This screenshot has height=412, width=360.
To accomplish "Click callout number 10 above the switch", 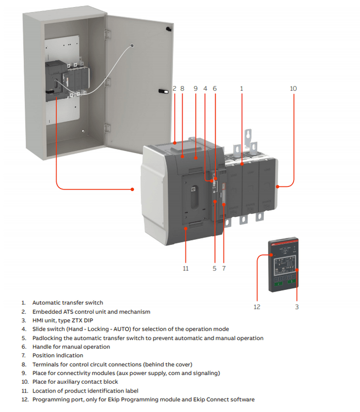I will [293, 89].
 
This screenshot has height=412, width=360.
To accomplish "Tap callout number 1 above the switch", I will [242, 89].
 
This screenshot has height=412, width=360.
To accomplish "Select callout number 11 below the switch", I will [185, 268].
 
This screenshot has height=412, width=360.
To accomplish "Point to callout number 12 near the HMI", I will [257, 307].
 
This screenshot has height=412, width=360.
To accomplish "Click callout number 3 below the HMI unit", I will [297, 307].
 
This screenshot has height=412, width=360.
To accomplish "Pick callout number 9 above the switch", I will [195, 89].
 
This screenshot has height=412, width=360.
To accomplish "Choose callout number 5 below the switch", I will [214, 268].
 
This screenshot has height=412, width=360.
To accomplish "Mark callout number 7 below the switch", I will [224, 268].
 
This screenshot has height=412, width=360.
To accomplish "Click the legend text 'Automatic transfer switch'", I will [67, 303].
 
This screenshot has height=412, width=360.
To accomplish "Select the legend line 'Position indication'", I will [58, 355].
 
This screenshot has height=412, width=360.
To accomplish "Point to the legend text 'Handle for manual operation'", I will [71, 347].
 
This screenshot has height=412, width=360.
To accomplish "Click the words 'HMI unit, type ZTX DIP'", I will [63, 320].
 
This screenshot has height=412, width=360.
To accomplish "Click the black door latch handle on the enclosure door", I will [163, 91].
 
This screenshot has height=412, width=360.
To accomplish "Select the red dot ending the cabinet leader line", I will [133, 190].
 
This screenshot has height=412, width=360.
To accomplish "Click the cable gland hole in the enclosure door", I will [132, 46].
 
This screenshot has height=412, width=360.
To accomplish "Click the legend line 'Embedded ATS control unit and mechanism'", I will [91, 312].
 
